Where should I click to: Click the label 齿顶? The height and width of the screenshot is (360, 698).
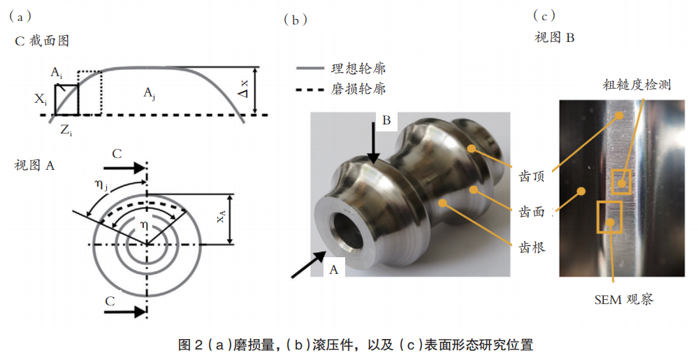532,176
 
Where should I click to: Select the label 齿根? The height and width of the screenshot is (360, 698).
532,247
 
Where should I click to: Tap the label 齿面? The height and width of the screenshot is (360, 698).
532,212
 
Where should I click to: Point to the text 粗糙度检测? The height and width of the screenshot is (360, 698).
637,85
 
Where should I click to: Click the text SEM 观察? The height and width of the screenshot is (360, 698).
624,299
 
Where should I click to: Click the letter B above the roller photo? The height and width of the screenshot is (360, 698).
386,120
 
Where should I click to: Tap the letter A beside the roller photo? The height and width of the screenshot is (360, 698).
333,269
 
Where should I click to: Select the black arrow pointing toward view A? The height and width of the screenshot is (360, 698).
308,264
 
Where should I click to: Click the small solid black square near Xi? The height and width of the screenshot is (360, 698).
67,100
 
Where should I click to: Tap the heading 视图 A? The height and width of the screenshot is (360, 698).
34,166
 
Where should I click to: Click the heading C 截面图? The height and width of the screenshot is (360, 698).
42,41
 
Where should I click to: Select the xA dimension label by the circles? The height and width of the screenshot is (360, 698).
220,217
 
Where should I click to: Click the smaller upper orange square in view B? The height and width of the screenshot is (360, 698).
621,182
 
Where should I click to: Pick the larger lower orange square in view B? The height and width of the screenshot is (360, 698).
609,217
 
